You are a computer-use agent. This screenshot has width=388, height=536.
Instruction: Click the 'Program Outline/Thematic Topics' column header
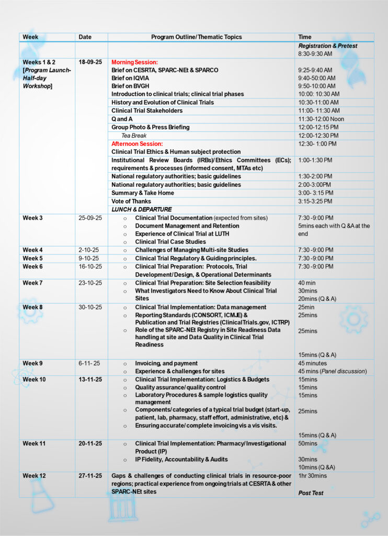197,37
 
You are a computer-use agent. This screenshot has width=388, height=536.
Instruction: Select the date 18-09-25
90,62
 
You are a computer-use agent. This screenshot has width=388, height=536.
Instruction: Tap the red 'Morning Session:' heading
134,62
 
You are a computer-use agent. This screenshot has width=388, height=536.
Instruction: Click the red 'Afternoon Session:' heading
137,143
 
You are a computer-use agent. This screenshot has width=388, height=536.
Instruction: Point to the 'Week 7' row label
33,283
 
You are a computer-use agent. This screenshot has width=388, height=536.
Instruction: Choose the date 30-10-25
90,307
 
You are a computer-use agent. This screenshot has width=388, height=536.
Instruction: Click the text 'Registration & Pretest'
327,46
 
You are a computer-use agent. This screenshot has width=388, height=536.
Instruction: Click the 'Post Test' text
311,493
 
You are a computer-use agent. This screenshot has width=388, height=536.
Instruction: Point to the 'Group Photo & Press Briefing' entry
150,127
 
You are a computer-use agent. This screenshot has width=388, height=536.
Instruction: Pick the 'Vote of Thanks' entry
131,201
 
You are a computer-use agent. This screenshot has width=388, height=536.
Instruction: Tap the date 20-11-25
90,443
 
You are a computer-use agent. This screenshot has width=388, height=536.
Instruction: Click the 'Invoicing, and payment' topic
166,363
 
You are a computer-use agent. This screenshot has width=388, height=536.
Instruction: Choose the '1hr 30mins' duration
312,475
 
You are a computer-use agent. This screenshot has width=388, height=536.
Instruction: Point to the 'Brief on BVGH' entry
130,86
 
